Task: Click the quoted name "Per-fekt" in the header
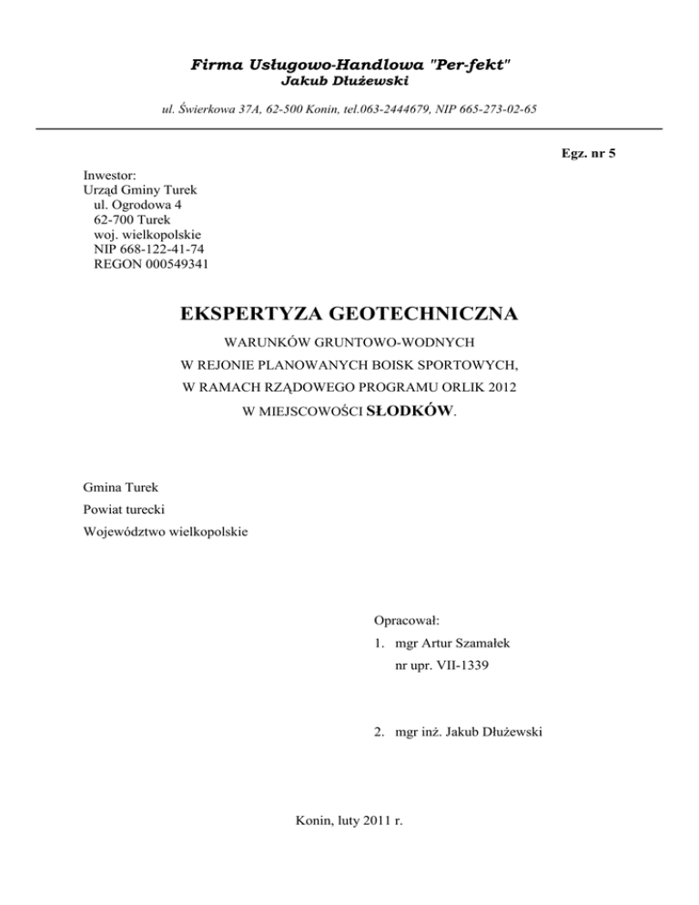(x=474, y=65)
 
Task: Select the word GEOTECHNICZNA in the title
(x=427, y=315)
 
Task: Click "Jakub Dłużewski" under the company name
(x=349, y=82)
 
